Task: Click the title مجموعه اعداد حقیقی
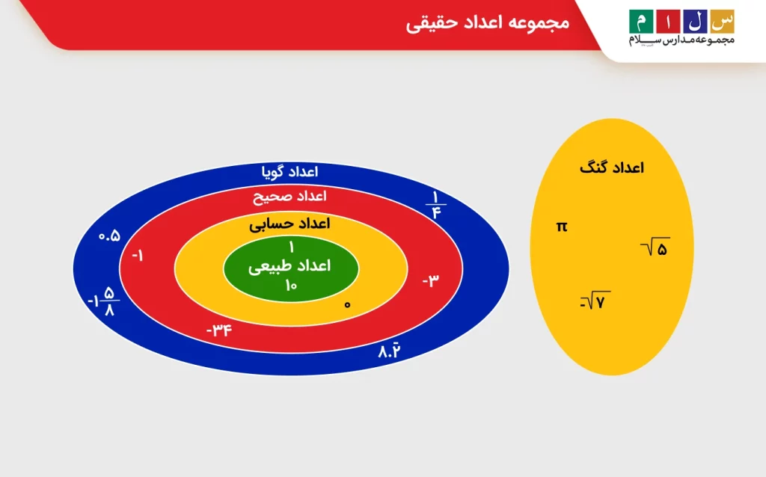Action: [x=487, y=23]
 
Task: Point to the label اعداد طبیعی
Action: [x=289, y=265]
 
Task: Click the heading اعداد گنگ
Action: [x=611, y=167]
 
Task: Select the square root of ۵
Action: [x=656, y=248]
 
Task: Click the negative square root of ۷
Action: [x=595, y=302]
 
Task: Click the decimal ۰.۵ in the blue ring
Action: [x=109, y=236]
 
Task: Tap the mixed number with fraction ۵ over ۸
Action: [x=103, y=301]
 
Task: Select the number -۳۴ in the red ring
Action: [x=220, y=329]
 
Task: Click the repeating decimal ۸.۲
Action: [x=390, y=350]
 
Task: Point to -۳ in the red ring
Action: [x=431, y=280]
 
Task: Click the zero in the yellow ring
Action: [x=347, y=304]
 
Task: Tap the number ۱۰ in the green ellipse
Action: [x=291, y=284]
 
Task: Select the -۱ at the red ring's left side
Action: [x=138, y=256]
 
